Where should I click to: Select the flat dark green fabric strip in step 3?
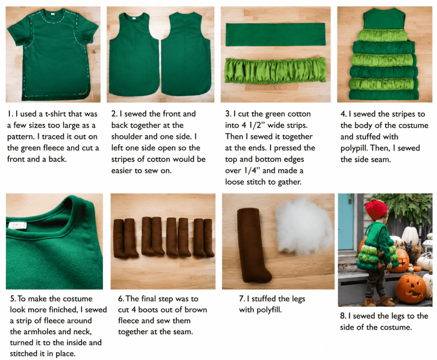pos(275,34)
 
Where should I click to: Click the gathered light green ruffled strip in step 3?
pos(275,70)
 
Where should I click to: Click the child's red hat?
pos(376,209)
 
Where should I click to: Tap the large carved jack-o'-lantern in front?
pos(411,289)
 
